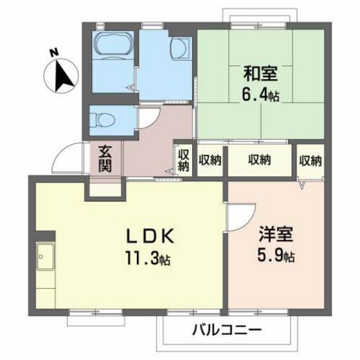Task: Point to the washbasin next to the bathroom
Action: coord(180,48)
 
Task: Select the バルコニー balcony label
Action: coord(225,332)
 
